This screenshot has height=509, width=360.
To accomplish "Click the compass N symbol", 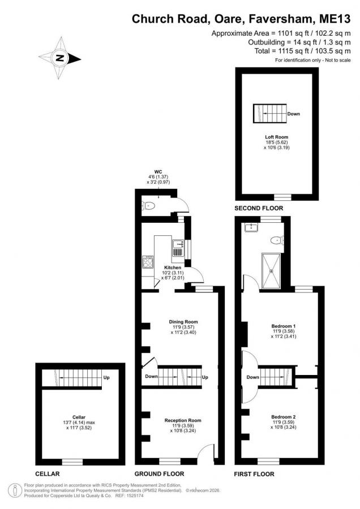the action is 59,58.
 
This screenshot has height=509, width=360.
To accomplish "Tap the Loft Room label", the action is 276,137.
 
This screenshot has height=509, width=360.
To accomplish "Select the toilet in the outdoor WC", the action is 148,205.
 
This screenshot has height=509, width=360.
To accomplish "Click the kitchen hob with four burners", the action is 148,262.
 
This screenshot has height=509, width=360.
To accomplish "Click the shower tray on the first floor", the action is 271,271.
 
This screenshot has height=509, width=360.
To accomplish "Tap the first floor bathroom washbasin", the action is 251,227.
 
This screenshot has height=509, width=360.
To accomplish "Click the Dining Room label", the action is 183,322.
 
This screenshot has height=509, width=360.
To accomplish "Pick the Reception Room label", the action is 183,420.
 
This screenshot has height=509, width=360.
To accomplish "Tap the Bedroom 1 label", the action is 284,326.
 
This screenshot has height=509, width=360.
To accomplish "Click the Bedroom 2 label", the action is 284,417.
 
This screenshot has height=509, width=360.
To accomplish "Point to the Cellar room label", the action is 79,417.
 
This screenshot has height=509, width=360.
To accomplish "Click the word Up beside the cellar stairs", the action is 106,378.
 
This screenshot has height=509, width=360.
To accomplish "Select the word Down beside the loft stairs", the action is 293,114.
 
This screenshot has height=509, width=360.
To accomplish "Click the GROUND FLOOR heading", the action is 159,474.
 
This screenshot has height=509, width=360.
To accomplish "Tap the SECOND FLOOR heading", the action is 259,208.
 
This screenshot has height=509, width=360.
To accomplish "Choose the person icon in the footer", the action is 15,490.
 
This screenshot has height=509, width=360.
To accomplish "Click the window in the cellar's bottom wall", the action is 72,461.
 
